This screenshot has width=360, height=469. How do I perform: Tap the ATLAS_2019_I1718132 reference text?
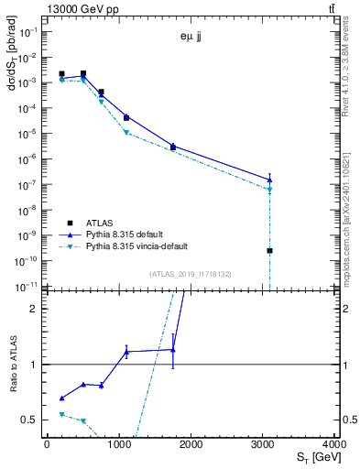click(191, 273)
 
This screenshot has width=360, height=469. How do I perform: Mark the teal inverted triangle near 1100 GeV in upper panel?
click(126, 133)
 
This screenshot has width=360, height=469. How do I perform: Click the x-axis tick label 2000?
click(191, 444)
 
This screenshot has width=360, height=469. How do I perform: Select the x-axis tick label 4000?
click(336, 444)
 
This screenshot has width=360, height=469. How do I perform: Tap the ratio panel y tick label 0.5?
click(32, 420)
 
